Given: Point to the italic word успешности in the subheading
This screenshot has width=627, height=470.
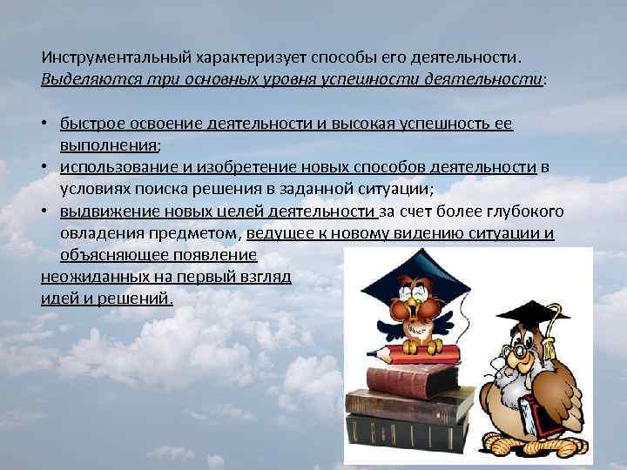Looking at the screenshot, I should click(x=374, y=78).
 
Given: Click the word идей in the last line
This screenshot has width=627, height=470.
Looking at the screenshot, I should click(x=57, y=299).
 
